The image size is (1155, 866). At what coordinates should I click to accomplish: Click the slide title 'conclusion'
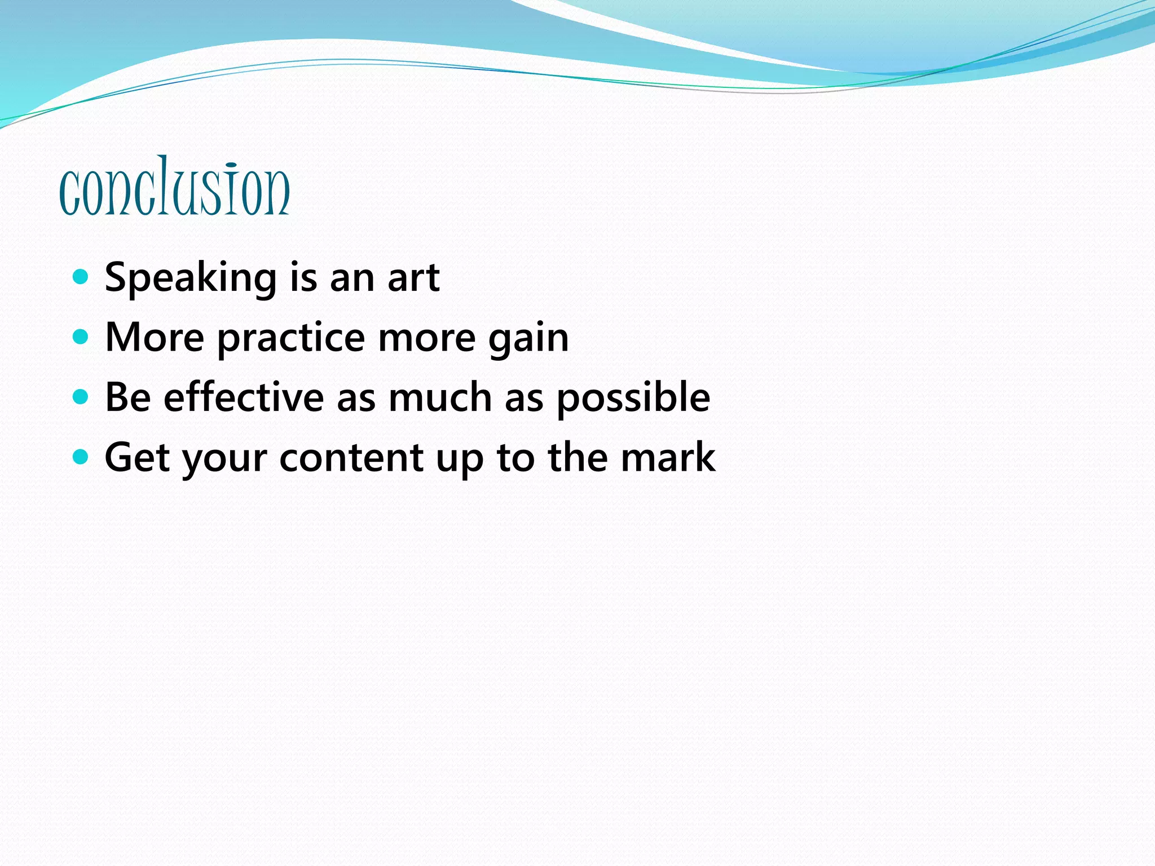pos(174,187)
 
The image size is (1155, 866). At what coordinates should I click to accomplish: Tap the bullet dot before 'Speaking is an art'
pos(81,277)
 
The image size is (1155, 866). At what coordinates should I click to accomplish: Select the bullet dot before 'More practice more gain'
pos(81,337)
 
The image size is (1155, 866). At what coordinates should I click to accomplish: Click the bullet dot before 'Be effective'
pos(81,397)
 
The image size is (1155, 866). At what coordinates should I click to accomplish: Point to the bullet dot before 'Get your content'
pos(81,457)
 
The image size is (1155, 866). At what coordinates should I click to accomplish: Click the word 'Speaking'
pos(191,279)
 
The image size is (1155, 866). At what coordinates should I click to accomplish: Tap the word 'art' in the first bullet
pos(413,277)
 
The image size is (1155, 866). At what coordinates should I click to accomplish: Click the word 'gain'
pos(528,338)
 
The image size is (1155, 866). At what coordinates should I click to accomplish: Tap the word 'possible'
pos(633,398)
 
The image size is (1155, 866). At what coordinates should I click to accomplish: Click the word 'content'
pos(351,457)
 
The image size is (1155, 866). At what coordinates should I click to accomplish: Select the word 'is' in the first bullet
pos(303,277)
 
